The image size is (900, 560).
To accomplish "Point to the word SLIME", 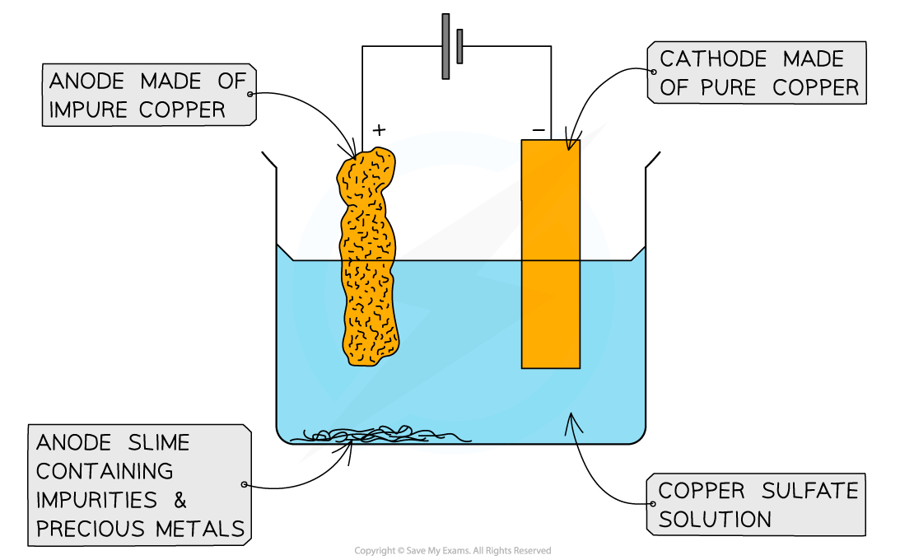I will click(156, 443).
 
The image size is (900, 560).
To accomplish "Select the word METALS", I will click(206, 530).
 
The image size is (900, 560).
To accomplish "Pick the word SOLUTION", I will click(715, 520).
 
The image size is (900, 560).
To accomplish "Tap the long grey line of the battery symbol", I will click(445, 46).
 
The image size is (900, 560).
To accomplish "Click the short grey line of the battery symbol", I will click(459, 46).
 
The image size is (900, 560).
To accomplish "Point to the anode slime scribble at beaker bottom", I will click(371, 434).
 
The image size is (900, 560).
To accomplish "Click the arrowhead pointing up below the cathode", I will click(574, 422).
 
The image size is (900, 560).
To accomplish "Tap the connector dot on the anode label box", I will click(250, 95).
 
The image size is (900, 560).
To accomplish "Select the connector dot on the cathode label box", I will click(653, 72).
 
